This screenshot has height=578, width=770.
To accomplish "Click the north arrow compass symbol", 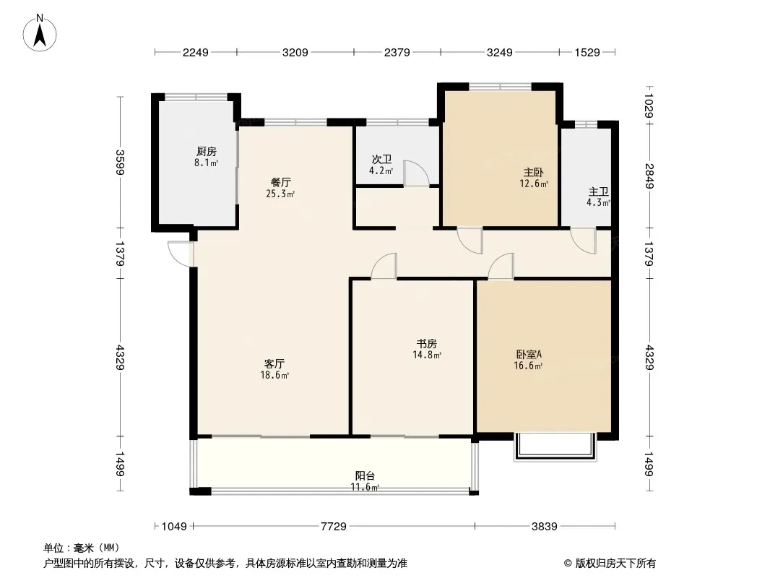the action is coord(40,33).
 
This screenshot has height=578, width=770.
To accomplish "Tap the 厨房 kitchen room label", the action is coord(207,151).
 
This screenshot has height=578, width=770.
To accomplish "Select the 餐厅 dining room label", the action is coord(280,182).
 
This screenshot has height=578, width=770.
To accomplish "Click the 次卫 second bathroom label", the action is coord(381,159).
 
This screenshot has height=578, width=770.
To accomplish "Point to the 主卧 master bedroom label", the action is coord(533,173).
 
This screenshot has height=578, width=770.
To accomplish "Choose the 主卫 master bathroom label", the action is coord(599,191).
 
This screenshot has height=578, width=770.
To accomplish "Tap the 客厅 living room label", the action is coord(274,363).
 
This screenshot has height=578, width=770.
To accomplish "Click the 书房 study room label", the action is coord(426,343).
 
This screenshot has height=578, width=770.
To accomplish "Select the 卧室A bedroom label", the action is coord(529,354).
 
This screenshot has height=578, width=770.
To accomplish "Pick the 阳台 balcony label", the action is coord(365,475).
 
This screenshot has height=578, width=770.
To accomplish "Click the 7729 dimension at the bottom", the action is coord(334,527).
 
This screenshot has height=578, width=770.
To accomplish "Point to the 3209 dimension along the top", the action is coord(295,52).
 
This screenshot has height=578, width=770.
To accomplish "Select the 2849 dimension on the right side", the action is coord(649,176).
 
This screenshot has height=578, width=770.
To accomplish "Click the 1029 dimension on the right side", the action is coord(649,105).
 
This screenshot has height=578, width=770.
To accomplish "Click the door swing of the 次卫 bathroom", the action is coord(417,173).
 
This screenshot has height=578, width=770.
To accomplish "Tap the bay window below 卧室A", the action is coord(555,447).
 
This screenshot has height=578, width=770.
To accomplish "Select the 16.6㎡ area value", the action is coord(529,366).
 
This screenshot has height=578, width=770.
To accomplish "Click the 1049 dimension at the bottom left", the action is coord(174,527).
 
